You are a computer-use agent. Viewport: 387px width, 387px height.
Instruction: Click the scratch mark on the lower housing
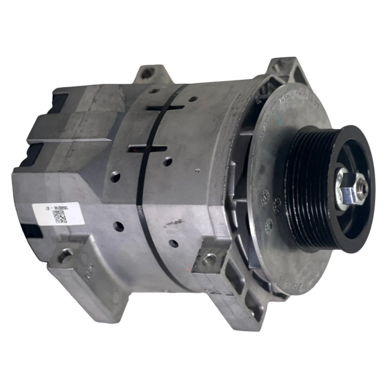[x=174, y=220]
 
